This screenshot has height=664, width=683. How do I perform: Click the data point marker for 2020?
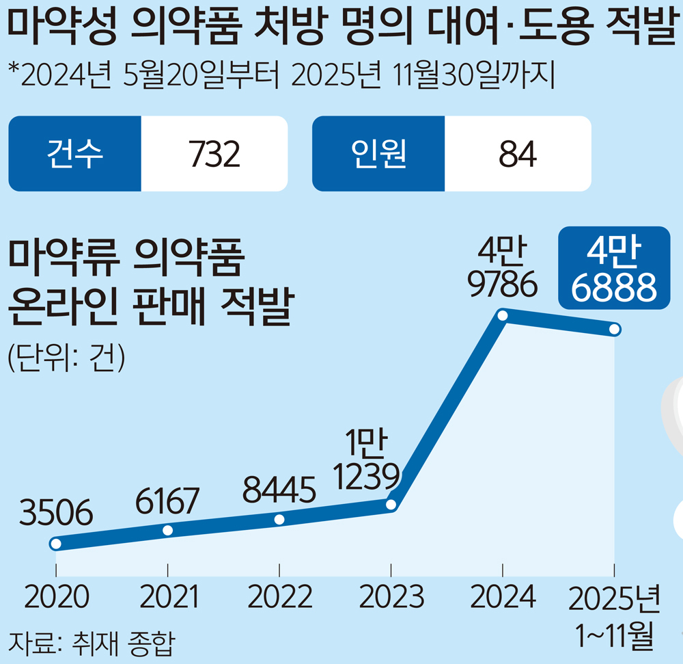(x=56, y=544)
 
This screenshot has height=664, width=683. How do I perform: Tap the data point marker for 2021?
(x=168, y=530)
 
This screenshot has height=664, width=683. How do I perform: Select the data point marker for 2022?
(x=279, y=520)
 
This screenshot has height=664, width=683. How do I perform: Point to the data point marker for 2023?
(x=391, y=505)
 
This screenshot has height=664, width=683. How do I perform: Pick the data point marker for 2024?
(x=503, y=316)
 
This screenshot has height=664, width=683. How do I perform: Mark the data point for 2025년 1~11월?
(x=614, y=330)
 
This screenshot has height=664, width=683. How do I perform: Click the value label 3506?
(x=56, y=514)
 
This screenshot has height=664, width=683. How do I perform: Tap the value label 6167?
(x=168, y=501)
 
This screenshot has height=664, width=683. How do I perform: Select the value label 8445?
(x=279, y=490)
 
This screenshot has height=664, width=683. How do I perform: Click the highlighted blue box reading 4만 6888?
(x=609, y=267)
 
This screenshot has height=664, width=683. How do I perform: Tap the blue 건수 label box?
(x=75, y=153)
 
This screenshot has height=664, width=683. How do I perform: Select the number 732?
(x=214, y=155)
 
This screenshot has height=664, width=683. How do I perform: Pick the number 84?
(x=518, y=155)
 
